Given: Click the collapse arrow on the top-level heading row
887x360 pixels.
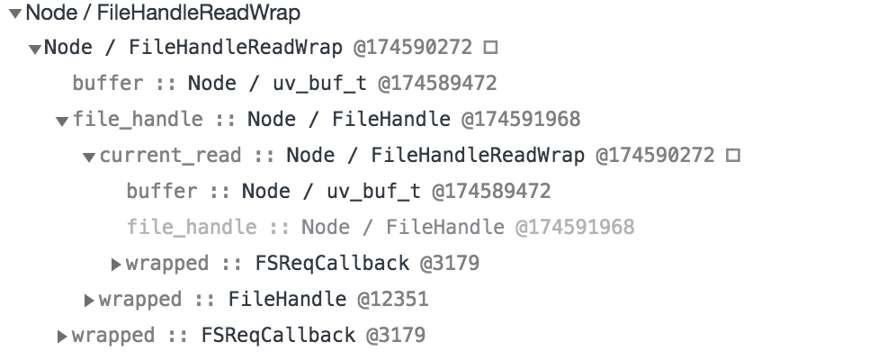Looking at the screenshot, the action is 16,13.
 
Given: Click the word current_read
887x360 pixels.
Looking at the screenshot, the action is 170,155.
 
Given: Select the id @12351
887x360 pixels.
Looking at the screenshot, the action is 392,299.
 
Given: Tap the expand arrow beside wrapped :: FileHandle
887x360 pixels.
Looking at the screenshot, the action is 89,300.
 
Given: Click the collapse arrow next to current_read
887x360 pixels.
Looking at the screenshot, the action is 89,157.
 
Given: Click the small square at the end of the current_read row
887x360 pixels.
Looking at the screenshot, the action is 733,155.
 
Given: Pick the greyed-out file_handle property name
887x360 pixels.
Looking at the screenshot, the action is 192,227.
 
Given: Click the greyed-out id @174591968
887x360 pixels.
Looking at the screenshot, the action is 575,227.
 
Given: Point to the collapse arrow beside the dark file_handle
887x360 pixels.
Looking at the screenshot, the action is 62,121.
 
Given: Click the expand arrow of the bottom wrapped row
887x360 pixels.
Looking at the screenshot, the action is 62,337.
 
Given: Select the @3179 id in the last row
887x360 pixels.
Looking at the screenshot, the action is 396,335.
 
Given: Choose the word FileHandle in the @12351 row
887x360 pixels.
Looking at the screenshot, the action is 287,299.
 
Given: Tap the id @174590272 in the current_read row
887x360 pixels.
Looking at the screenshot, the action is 655,155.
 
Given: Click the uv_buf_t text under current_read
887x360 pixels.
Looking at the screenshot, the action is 374,192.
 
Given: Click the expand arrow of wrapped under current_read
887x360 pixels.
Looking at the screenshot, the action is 116,264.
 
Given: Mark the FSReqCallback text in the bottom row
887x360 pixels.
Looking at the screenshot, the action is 278,335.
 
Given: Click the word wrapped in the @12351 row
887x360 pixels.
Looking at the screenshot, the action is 140,300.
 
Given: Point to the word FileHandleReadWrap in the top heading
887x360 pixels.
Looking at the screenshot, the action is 199,13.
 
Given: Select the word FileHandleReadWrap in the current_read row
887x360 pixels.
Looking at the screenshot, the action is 478,155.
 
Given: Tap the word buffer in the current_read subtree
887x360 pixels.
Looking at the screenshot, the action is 162,191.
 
